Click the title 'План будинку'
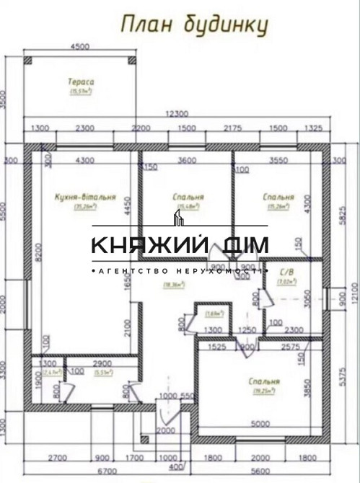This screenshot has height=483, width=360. [x=194, y=26]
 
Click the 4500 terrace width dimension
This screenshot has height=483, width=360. [x=80, y=47]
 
